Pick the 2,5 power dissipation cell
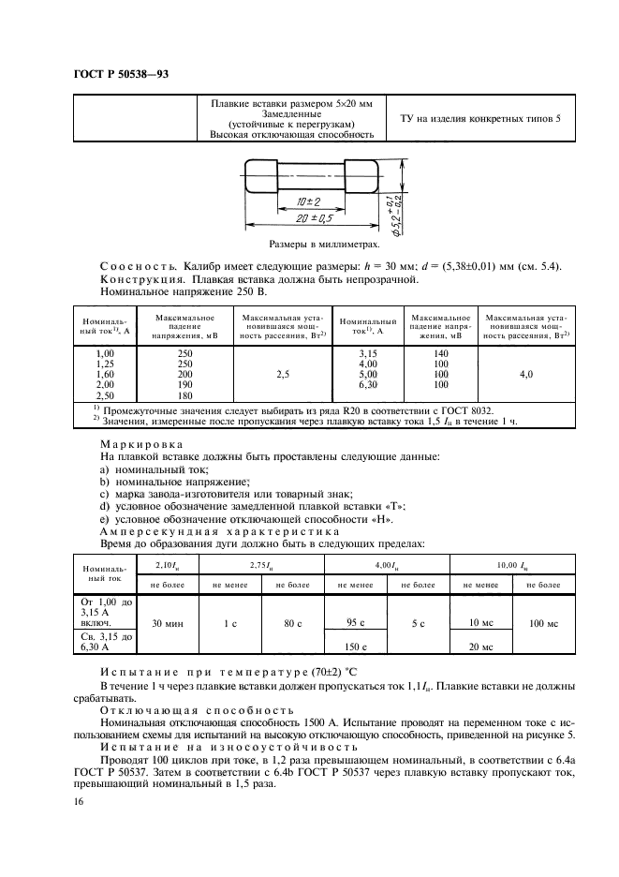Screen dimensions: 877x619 [282, 374]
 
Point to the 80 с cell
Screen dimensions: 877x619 [292, 623]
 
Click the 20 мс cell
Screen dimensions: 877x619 [480, 647]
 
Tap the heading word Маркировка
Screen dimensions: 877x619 [141, 444]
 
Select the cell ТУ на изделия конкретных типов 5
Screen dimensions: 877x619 [480, 119]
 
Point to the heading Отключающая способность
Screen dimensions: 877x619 [184, 709]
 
